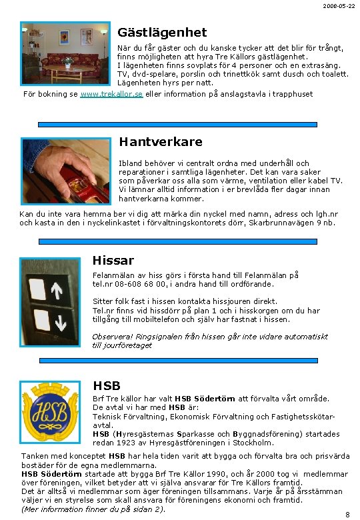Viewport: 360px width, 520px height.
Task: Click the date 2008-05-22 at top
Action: tap(340, 6)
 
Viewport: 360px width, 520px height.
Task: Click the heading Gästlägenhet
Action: tap(162, 33)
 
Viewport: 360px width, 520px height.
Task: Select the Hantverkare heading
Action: tap(160, 142)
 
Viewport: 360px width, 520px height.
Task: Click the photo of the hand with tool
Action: tap(65, 172)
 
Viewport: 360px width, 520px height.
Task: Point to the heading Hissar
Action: tap(113, 261)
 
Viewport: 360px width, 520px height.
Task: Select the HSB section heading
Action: tap(107, 385)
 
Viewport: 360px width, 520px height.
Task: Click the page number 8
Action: tap(347, 514)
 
